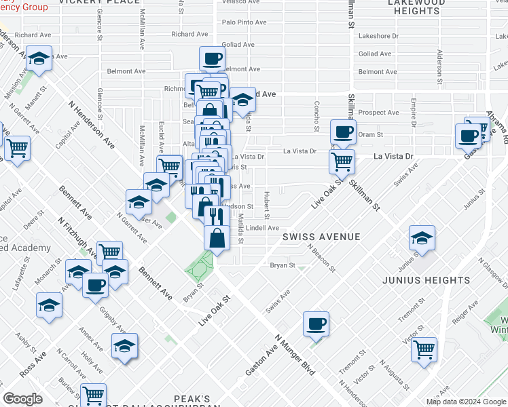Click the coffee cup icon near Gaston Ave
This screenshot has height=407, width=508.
pyautogui.click(x=316, y=324)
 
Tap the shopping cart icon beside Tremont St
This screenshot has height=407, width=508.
pyautogui.click(x=424, y=350)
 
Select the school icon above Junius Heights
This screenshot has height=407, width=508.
pyautogui.click(x=422, y=238)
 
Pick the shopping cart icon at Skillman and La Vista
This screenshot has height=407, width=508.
pyautogui.click(x=342, y=161)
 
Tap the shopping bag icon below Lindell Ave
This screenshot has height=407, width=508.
pyautogui.click(x=217, y=239)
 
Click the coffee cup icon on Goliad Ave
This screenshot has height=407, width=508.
pyautogui.click(x=212, y=58)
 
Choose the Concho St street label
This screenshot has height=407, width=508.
pyautogui.click(x=316, y=117)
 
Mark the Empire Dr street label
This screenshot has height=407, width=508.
pyautogui.click(x=413, y=113)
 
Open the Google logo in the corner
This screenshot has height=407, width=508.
pyautogui.click(x=23, y=399)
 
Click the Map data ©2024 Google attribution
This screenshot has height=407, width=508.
pyautogui.click(x=466, y=402)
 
